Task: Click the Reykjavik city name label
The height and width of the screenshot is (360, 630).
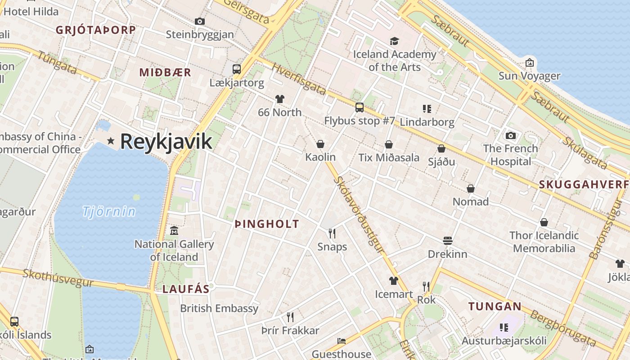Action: (x=166, y=141)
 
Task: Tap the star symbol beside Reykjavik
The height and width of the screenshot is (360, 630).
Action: (x=111, y=141)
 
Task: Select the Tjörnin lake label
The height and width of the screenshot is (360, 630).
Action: (x=109, y=211)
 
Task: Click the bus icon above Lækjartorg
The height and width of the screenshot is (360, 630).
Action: (x=237, y=69)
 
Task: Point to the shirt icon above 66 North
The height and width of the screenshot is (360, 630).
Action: (x=280, y=99)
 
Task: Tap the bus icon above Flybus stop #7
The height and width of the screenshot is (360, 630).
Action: (x=359, y=108)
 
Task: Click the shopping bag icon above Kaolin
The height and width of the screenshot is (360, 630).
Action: (x=320, y=144)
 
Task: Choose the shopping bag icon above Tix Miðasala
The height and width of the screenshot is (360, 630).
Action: (x=389, y=144)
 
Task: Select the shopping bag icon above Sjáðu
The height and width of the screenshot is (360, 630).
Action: (x=441, y=148)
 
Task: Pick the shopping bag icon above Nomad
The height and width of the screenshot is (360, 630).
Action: (x=471, y=188)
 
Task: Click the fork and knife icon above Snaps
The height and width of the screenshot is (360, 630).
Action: (x=332, y=233)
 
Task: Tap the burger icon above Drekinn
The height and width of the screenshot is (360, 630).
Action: (x=447, y=240)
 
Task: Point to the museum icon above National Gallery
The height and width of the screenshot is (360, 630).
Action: (x=174, y=231)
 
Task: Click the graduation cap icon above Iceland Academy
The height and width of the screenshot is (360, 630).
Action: (x=394, y=41)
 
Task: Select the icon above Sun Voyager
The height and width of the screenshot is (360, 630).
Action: (x=530, y=62)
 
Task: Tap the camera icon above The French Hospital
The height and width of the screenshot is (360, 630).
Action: (x=510, y=135)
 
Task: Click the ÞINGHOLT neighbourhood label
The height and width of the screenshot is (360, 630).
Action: (x=267, y=224)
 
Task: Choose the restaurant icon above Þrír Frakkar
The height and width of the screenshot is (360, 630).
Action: (x=290, y=317)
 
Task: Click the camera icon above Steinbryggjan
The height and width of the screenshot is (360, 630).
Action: (x=200, y=21)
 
